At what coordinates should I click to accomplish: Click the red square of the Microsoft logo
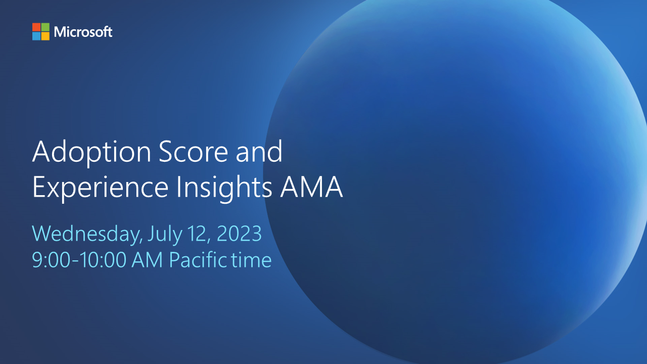(36, 27)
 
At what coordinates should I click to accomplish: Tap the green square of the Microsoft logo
(45, 27)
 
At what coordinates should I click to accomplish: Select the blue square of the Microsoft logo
(36, 36)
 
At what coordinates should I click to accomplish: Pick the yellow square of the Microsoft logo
(45, 36)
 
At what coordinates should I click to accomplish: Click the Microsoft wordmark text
(83, 32)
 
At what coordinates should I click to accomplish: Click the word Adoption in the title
(91, 152)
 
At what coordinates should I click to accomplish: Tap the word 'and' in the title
(262, 152)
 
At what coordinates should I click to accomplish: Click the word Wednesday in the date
(87, 234)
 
